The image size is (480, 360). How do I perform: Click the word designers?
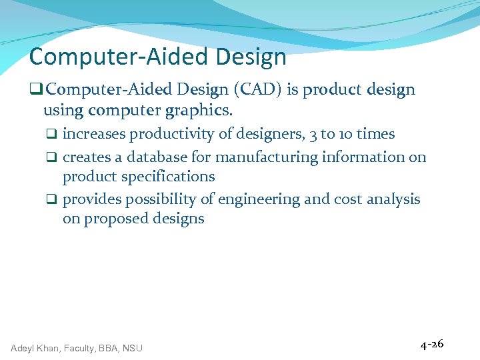[265, 134]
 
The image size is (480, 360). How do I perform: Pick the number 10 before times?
[346, 134]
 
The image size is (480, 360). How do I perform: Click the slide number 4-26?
[431, 344]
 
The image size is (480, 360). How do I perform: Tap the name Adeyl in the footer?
[23, 347]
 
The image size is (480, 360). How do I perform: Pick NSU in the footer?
[132, 347]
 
